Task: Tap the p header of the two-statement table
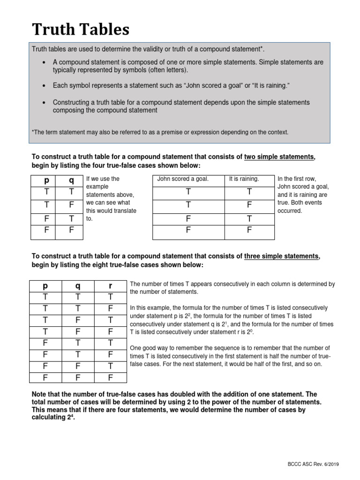point(46,180)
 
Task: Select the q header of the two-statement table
point(71,180)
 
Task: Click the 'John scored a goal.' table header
point(183,179)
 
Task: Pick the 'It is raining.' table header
point(244,179)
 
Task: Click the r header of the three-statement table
point(110,285)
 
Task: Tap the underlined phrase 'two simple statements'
point(279,157)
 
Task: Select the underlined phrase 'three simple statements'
point(282,256)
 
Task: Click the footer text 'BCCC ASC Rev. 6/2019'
point(313,464)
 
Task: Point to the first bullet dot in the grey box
point(44,62)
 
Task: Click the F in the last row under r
point(110,377)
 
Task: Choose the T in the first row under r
point(110,297)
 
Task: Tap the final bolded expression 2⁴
point(70,418)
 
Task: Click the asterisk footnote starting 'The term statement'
point(160,133)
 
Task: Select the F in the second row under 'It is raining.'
point(249,204)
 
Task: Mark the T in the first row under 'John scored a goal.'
point(188,192)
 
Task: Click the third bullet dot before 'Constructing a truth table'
point(44,103)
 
